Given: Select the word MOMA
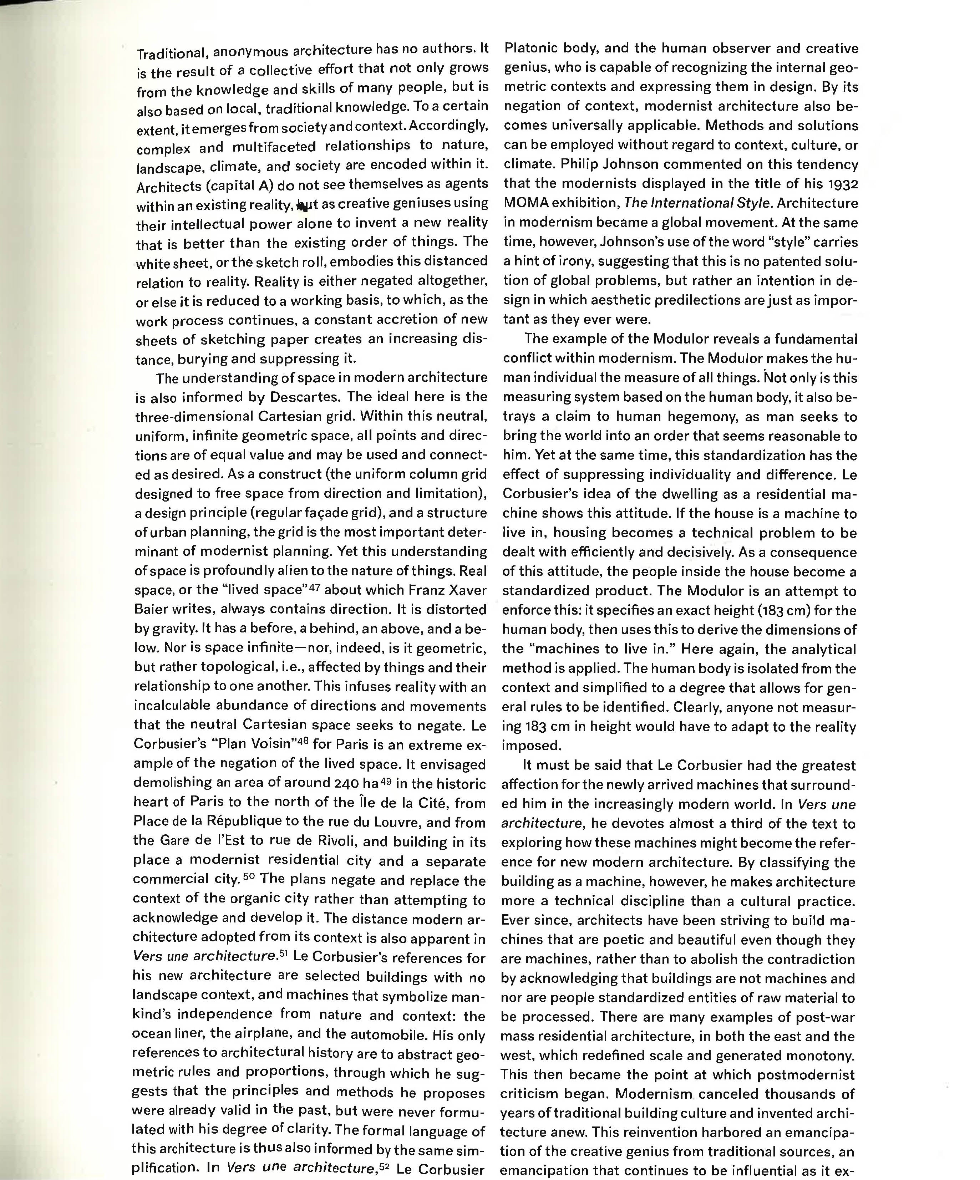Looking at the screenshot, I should pos(526,203).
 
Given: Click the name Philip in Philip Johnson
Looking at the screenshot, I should pos(563,165).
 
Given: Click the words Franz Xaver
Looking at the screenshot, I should pos(447,590).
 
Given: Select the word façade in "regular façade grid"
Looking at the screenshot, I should pos(339,513).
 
